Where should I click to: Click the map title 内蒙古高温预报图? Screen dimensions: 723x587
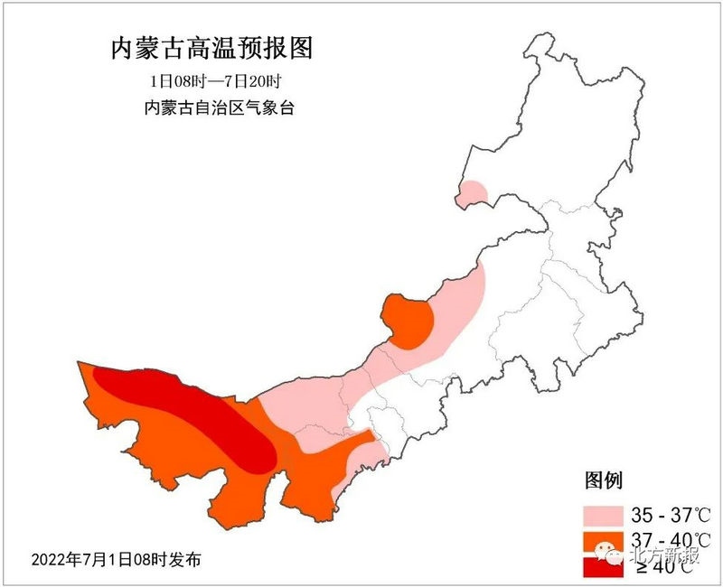pyautogui.click(x=216, y=49)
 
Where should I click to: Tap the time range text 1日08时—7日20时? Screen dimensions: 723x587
pyautogui.click(x=216, y=80)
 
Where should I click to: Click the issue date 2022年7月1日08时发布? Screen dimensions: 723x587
pyautogui.click(x=116, y=559)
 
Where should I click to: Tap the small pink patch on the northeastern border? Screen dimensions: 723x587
pyautogui.click(x=473, y=191)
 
